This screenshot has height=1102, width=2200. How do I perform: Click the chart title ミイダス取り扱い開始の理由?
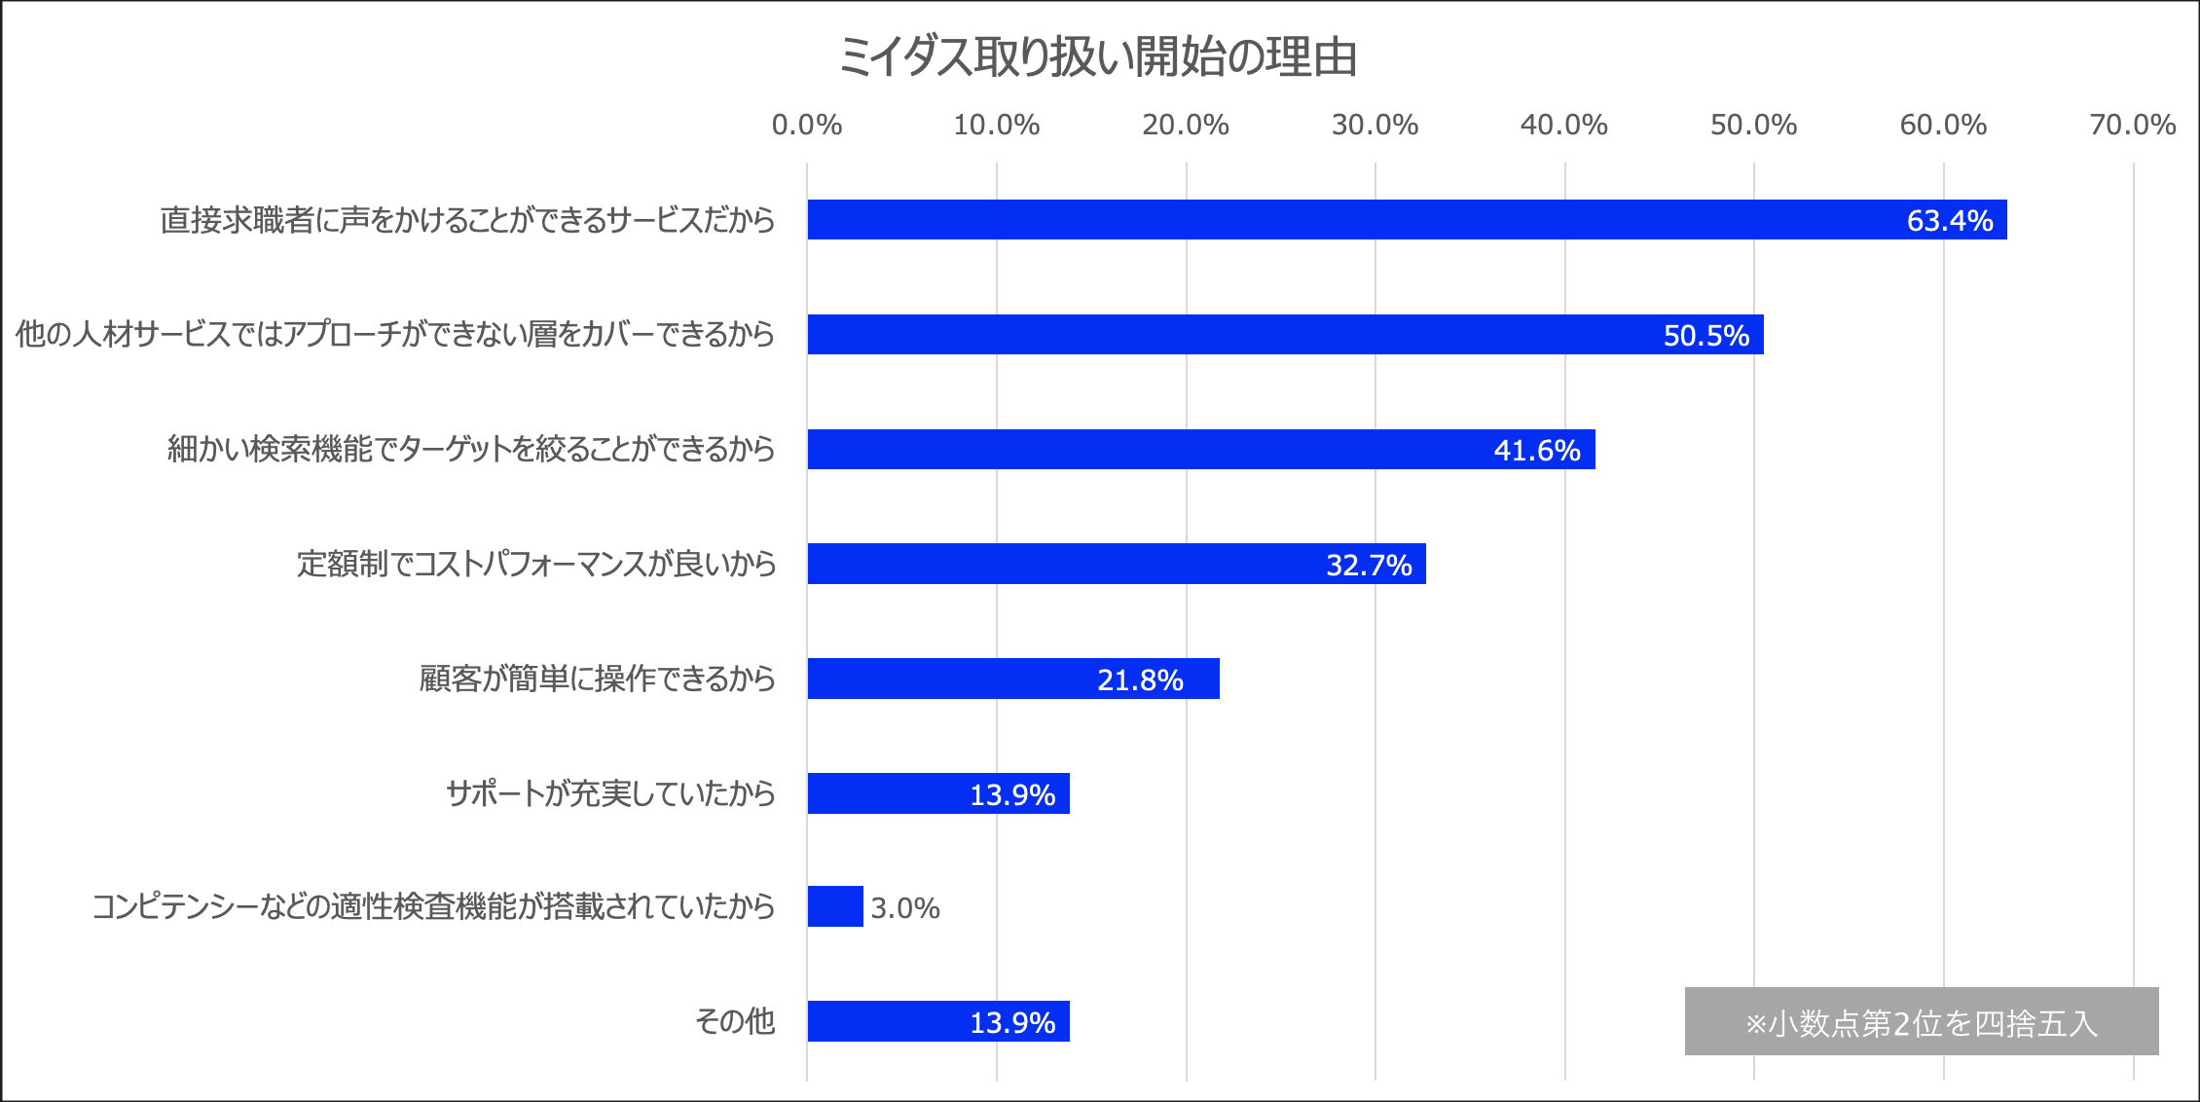click(x=1098, y=56)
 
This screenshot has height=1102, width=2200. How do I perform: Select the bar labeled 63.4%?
click(x=1407, y=220)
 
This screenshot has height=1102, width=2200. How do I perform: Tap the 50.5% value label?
click(x=1705, y=335)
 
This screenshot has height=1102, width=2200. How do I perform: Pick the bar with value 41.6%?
click(x=1200, y=450)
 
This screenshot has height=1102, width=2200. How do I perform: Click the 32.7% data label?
click(x=1369, y=565)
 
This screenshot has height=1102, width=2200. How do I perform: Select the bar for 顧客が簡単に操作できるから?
click(x=1012, y=679)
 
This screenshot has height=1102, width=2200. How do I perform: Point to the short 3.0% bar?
click(x=835, y=906)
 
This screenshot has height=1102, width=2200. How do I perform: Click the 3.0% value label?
click(x=905, y=908)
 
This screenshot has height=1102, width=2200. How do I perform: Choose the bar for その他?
click(x=937, y=1021)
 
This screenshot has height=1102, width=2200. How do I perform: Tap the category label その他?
click(x=735, y=1021)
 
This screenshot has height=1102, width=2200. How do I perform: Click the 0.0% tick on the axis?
click(x=807, y=125)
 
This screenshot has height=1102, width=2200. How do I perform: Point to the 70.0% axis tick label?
click(x=2132, y=125)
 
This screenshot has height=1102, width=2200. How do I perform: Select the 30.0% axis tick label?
click(x=1375, y=125)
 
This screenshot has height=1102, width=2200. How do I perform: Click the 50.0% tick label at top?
click(x=1753, y=125)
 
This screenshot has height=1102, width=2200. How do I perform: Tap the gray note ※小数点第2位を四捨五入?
click(x=1921, y=1022)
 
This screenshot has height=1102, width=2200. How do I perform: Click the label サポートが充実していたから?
click(x=610, y=793)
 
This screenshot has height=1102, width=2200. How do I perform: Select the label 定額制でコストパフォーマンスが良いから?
click(x=536, y=564)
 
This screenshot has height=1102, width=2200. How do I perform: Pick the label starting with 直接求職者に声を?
click(x=467, y=220)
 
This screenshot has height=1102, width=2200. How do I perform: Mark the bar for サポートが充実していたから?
click(x=937, y=793)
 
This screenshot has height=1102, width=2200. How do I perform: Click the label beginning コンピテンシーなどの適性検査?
click(x=433, y=906)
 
